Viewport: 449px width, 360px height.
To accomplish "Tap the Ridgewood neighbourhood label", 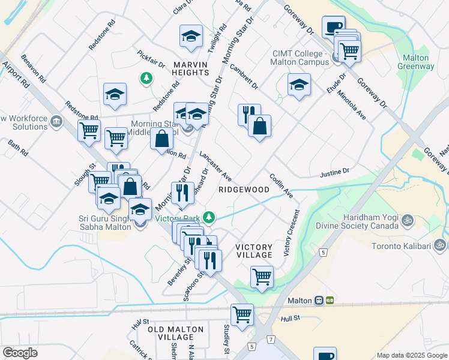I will tap(243, 189).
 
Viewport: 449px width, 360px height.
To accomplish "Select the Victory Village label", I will tap(254, 251).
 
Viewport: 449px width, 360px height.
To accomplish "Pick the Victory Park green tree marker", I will tap(209, 216).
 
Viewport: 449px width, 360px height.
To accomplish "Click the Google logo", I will tap(20, 352).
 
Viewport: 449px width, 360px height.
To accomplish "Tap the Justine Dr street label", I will tap(335, 172).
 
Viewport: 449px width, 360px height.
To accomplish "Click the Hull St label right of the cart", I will tap(289, 318).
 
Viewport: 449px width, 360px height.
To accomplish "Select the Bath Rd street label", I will tap(18, 148).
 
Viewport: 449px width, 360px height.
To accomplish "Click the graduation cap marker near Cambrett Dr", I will tap(298, 85).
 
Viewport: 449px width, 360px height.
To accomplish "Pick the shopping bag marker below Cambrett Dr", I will tap(259, 127).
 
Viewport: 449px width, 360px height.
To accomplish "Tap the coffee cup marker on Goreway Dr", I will tap(333, 26).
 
